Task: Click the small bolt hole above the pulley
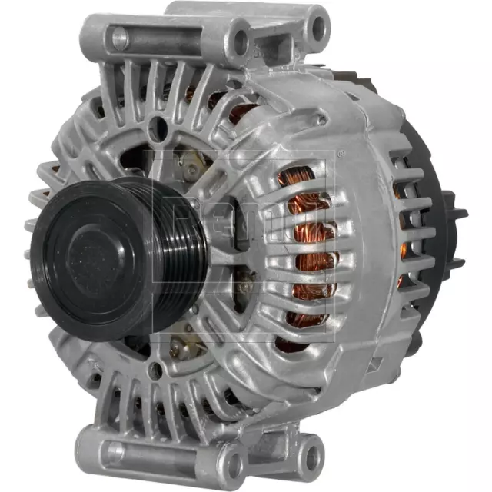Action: tap(159, 127)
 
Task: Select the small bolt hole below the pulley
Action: tap(156, 371)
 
